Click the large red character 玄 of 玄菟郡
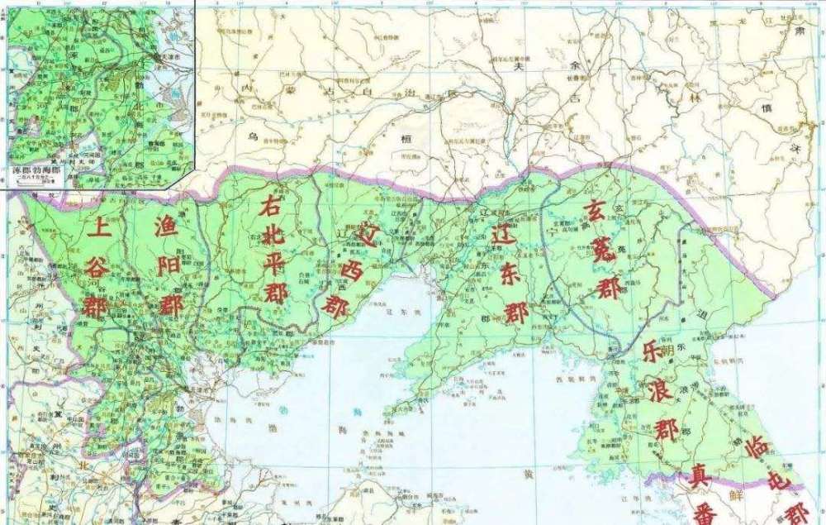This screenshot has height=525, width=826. [x=596, y=209]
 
